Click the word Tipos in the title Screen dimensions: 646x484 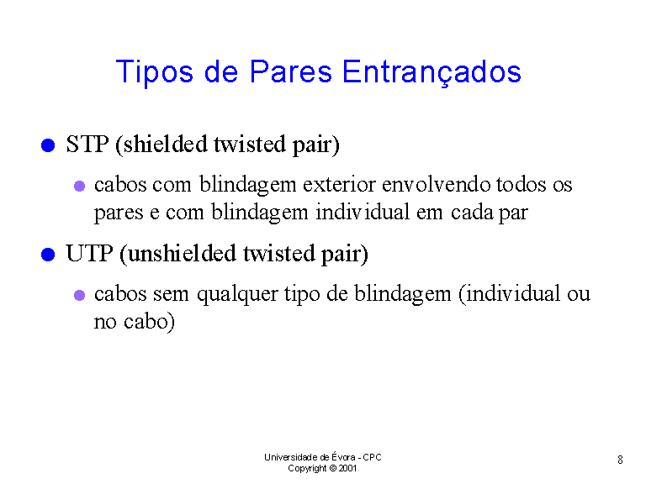(x=155, y=72)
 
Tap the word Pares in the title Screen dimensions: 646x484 (x=290, y=71)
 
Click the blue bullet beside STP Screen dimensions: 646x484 (x=48, y=145)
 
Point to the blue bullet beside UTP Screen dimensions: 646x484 (x=48, y=255)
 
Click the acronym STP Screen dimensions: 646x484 (x=87, y=145)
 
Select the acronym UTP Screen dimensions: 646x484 (x=89, y=254)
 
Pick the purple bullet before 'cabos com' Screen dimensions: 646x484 (x=80, y=186)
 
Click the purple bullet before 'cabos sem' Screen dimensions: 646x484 (x=80, y=295)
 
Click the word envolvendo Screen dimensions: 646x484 (x=437, y=185)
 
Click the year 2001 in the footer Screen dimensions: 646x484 (x=347, y=468)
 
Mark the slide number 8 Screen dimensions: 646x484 (x=620, y=460)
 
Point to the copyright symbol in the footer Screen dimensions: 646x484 (x=333, y=468)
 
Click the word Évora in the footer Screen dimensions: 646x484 (x=343, y=456)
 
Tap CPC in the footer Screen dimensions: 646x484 (x=372, y=457)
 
